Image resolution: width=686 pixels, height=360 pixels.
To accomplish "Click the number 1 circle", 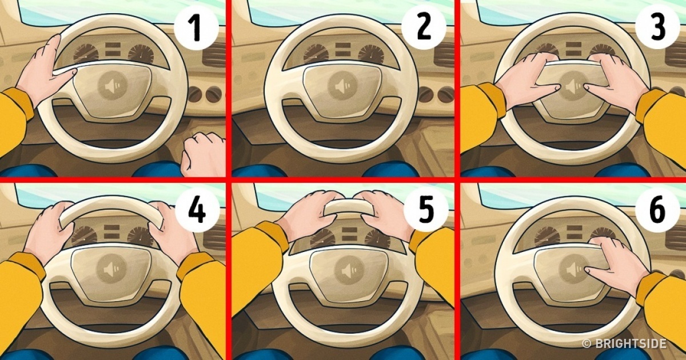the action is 196,28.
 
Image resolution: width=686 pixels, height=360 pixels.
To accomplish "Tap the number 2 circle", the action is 424,28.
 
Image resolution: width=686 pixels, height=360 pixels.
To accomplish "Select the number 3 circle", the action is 657,27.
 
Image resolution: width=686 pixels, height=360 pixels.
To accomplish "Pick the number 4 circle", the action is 197,210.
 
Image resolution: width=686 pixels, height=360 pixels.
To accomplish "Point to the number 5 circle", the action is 426,210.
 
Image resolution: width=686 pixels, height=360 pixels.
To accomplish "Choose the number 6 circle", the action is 657,210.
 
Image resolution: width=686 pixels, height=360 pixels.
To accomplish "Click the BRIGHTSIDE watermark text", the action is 624,343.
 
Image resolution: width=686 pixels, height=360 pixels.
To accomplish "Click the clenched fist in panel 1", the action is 203,155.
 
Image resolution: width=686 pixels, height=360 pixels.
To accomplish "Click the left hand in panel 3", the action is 527,81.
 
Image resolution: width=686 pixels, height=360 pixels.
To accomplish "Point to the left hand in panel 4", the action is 49,231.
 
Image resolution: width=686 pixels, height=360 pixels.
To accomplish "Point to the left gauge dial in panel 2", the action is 316,54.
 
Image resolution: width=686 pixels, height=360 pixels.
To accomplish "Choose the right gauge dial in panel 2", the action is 371,54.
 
